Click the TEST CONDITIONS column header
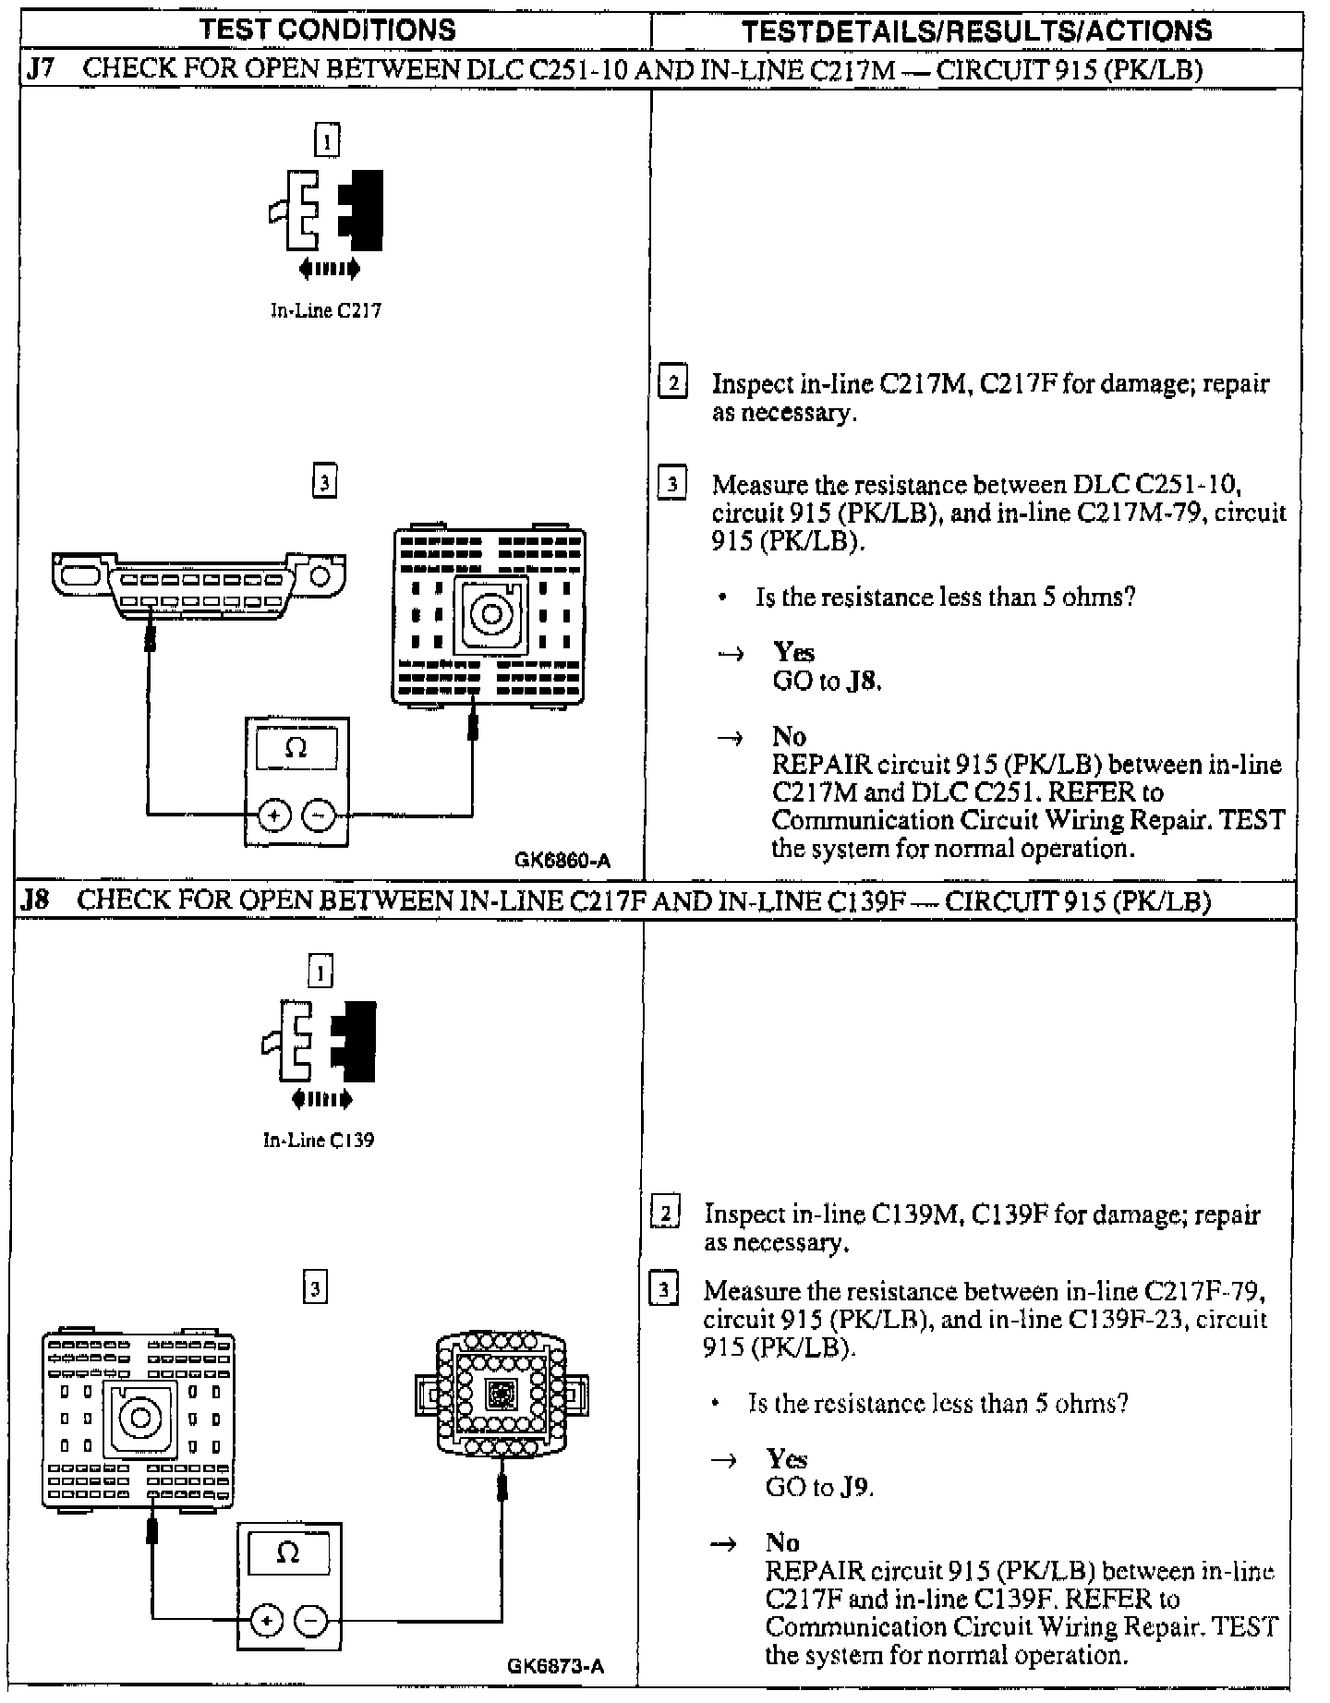click(x=328, y=30)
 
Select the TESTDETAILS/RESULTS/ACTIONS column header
click(x=977, y=30)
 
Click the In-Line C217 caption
click(x=325, y=311)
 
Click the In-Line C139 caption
click(x=319, y=1141)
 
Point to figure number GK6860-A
click(x=562, y=861)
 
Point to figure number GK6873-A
click(x=556, y=1666)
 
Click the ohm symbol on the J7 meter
click(x=296, y=748)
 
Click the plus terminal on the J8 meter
click(x=266, y=1621)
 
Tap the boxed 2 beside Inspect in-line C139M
click(x=666, y=1213)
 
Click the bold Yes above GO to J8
click(x=793, y=653)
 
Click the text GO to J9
click(x=819, y=1487)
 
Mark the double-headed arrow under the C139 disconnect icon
click(x=321, y=1099)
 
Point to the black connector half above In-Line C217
click(x=362, y=211)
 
